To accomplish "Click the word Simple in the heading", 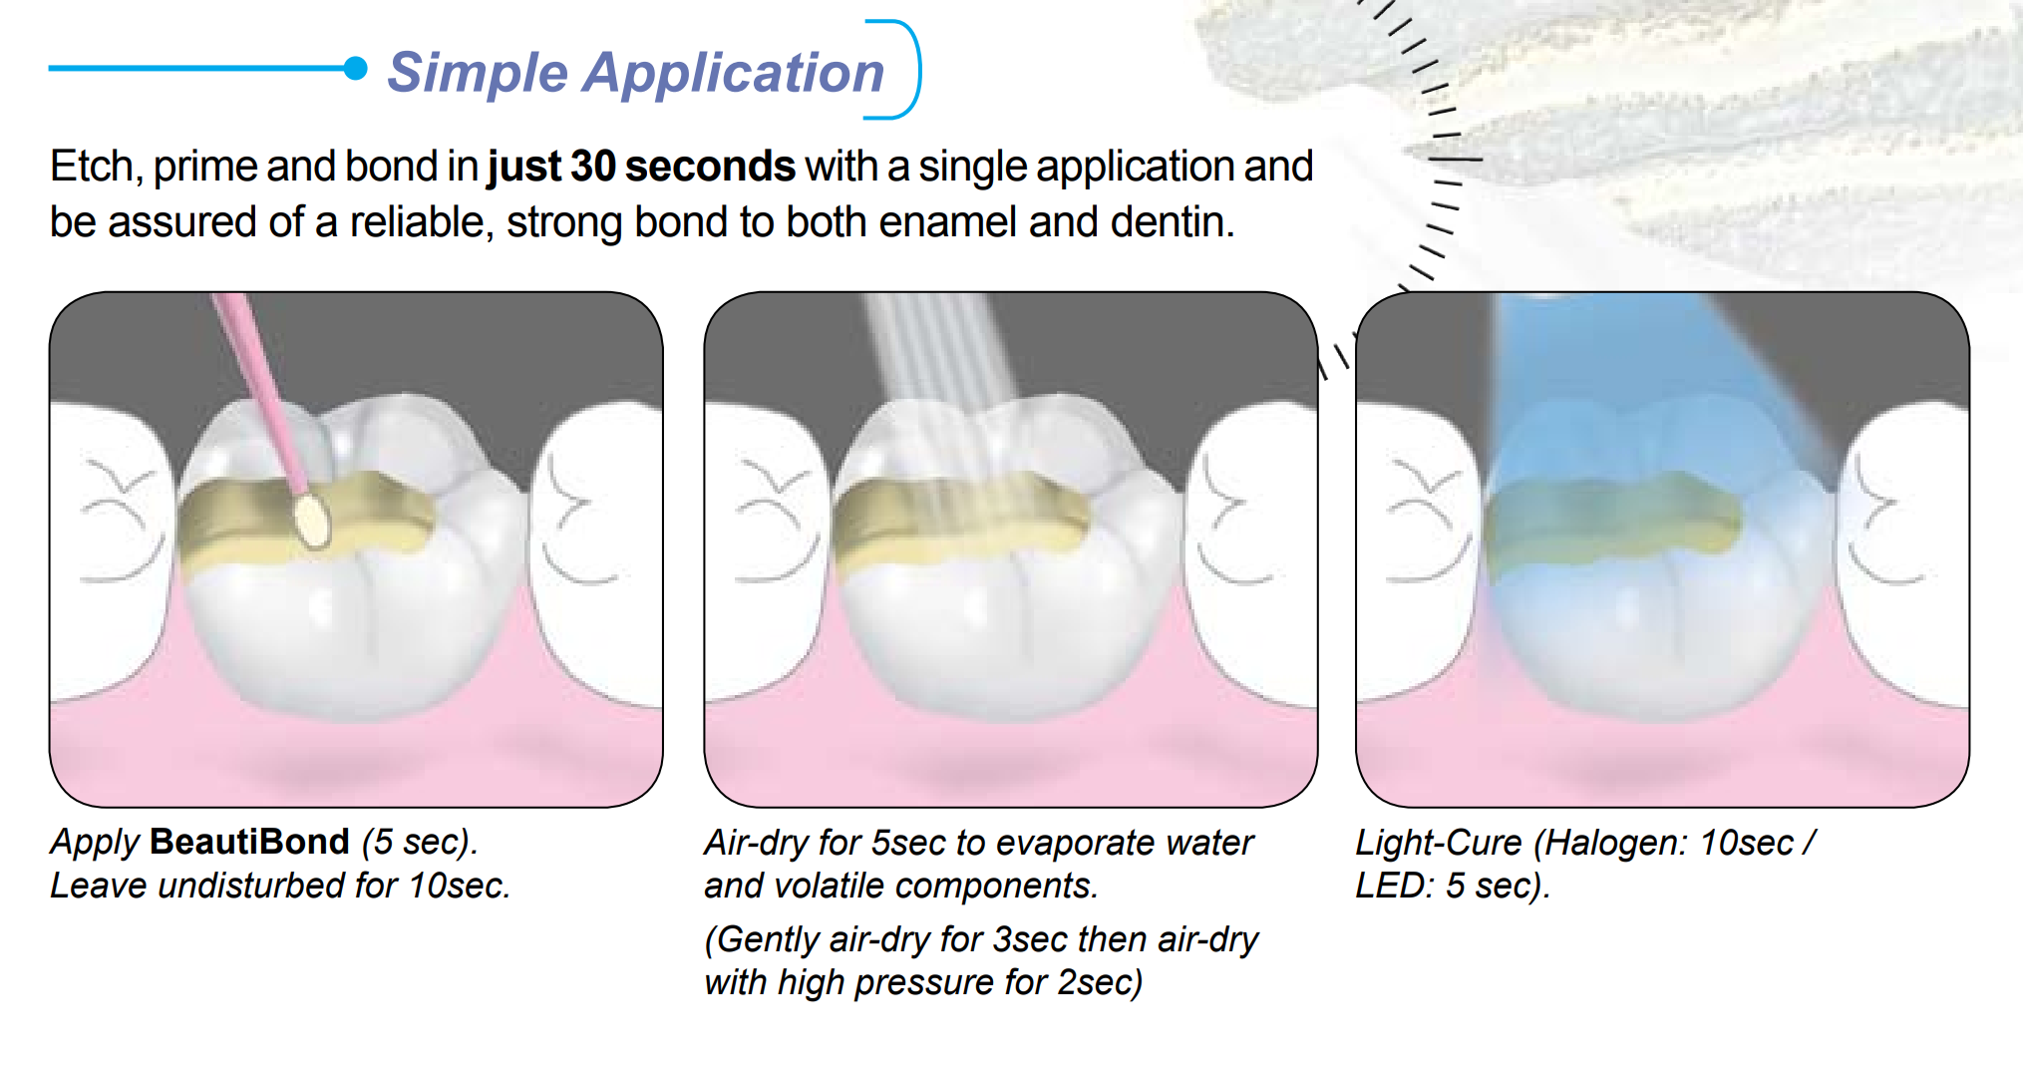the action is (478, 74).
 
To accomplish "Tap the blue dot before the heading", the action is (355, 68).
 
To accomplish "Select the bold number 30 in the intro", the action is (592, 167).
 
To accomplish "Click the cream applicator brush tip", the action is (312, 521).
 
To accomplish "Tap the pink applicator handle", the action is (259, 390).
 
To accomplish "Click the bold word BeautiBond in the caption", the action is (249, 842).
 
